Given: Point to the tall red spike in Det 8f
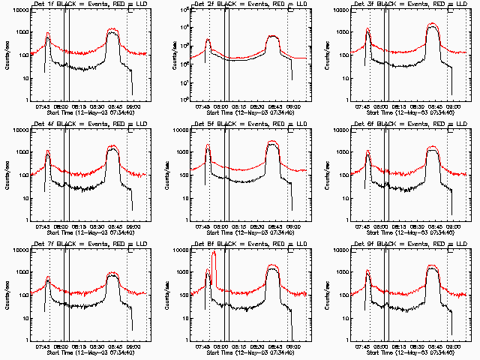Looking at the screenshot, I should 214,259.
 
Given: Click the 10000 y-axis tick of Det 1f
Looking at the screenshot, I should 19,10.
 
